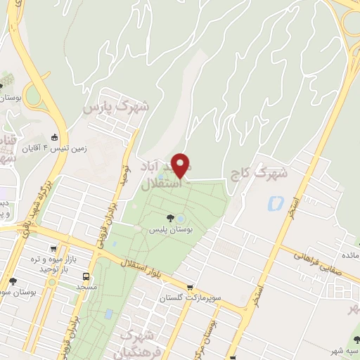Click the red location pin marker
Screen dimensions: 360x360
(181, 165)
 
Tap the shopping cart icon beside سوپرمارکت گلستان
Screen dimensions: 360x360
(191, 287)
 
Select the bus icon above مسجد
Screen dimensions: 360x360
(86, 276)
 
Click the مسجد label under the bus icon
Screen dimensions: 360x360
(86, 288)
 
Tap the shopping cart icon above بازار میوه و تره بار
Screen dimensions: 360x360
(53, 248)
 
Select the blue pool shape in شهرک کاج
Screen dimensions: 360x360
(274, 204)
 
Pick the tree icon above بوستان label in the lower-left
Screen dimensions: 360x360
(13, 281)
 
